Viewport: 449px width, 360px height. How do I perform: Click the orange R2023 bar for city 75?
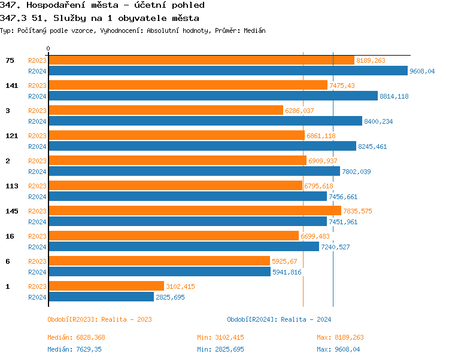[201, 60]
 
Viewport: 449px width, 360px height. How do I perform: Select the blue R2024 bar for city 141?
[213, 96]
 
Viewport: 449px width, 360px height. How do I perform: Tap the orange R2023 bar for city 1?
[106, 286]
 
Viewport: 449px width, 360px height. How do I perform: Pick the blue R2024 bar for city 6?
[159, 272]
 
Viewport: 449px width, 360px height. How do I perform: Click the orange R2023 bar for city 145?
[195, 210]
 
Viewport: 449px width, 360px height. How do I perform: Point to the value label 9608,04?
[422, 71]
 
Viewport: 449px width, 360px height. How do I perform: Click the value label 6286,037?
[299, 111]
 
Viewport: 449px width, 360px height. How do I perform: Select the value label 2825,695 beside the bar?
[171, 297]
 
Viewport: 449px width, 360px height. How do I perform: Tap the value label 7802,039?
[356, 172]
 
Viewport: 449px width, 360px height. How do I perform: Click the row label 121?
[12, 136]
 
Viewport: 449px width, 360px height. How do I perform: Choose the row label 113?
[12, 186]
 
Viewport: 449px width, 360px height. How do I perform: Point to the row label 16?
[10, 236]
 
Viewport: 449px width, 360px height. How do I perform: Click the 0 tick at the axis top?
[48, 48]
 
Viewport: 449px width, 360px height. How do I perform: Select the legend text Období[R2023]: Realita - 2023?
[99, 319]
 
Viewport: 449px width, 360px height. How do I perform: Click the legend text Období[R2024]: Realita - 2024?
[279, 319]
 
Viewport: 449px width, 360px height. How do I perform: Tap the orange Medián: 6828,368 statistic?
[76, 337]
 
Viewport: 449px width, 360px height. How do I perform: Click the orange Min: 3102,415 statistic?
[220, 337]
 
